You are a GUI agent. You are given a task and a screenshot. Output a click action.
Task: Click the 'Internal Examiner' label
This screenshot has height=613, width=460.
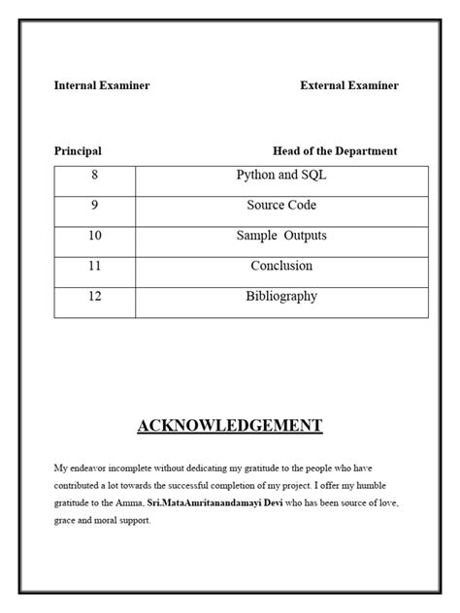[102, 85]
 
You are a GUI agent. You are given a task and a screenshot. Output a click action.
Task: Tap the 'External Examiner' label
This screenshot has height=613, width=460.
[349, 85]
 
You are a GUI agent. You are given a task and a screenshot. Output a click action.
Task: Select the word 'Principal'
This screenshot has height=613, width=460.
[78, 151]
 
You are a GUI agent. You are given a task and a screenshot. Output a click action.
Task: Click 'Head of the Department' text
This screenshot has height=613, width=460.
[335, 151]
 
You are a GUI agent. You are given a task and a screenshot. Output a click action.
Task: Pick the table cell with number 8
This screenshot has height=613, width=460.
[95, 176]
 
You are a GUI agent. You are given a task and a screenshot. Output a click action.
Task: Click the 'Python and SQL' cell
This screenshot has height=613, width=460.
[281, 176]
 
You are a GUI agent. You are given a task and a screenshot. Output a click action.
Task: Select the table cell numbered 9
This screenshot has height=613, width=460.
[95, 206]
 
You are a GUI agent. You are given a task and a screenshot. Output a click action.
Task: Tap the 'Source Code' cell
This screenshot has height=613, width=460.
[281, 206]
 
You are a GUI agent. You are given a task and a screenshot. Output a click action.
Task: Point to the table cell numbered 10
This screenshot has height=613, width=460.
[95, 236]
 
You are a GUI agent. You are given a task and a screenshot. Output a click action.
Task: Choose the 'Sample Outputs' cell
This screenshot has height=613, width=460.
[281, 236]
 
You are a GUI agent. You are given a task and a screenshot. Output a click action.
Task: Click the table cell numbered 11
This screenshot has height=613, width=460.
[95, 266]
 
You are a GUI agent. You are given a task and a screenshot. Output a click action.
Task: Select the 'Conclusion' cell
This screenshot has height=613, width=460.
[281, 266]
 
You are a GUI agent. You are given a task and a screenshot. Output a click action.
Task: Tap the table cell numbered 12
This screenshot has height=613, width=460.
[95, 297]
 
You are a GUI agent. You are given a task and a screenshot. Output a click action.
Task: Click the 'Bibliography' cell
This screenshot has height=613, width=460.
[281, 297]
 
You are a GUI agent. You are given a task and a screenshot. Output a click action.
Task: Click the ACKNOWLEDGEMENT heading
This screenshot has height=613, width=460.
[230, 426]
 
